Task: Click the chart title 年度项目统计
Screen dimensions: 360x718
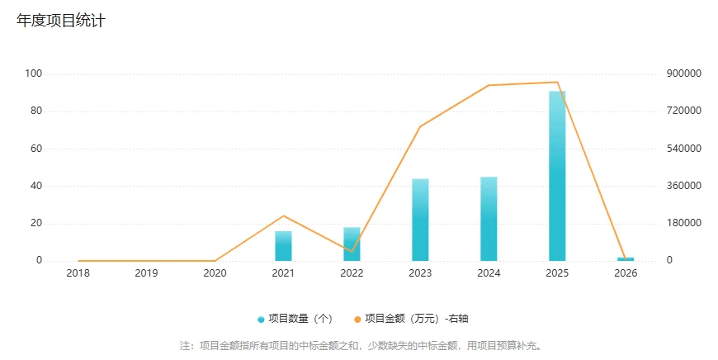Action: [x=61, y=21]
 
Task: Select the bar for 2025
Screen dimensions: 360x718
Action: [x=557, y=175]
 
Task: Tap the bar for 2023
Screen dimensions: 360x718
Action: [x=420, y=220]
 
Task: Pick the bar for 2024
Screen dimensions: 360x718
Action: [x=489, y=219]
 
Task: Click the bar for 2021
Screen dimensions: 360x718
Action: [x=283, y=246]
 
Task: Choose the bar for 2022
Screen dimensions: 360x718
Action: [x=352, y=244]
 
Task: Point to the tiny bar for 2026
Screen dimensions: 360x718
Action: [x=626, y=259]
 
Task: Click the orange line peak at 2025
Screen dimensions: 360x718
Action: [x=557, y=82]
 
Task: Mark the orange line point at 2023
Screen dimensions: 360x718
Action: [x=420, y=126]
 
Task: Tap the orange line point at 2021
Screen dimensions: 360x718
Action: [x=283, y=216]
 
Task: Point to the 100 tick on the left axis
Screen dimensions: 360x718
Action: [x=34, y=73]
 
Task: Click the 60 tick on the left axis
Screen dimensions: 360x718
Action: [x=36, y=149]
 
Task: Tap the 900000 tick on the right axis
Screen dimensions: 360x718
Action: [x=683, y=73]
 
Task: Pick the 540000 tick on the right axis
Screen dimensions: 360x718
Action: [x=683, y=149]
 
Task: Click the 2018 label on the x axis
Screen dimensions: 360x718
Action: [x=78, y=273]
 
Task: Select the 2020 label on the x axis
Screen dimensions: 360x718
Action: [x=215, y=273]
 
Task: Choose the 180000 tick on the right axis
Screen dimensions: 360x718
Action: [x=683, y=223]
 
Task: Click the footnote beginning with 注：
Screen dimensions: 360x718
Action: [x=361, y=345]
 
